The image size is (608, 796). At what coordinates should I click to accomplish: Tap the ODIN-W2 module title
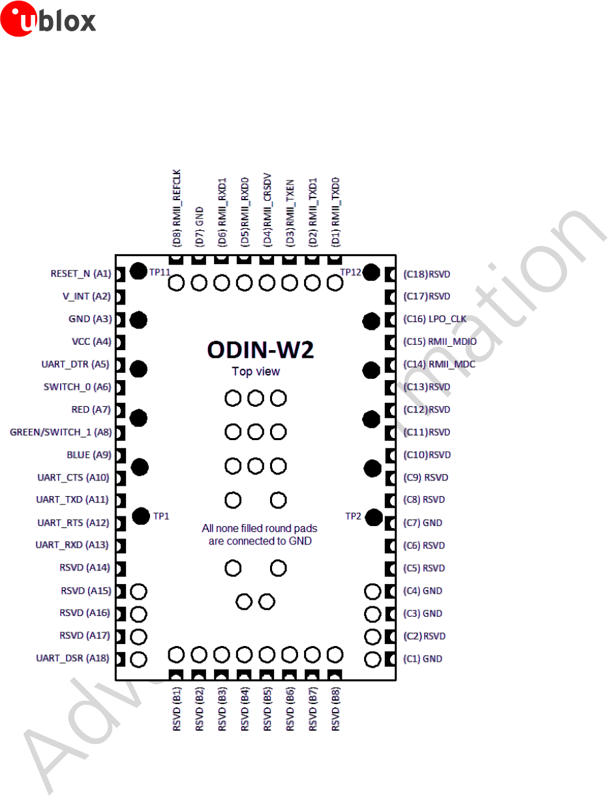(x=260, y=351)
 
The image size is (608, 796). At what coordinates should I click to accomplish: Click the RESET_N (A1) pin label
(x=81, y=274)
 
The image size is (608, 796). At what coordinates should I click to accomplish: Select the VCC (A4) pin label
(x=91, y=342)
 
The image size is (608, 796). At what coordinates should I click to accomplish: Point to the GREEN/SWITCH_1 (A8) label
(x=61, y=432)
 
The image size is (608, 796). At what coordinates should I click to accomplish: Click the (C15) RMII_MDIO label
(x=440, y=342)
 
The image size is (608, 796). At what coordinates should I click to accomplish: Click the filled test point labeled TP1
(x=140, y=516)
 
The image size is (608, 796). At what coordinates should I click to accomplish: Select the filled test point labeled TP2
(x=374, y=518)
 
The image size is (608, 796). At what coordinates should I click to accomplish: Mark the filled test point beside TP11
(x=138, y=271)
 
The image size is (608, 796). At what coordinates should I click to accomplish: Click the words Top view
(x=256, y=372)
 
